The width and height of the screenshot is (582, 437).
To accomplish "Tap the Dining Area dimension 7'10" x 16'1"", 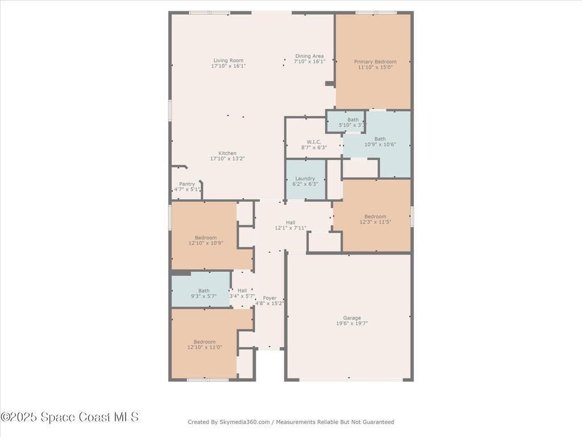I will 309,61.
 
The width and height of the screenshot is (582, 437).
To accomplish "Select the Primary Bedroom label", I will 375,61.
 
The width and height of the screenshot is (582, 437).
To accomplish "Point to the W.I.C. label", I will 314,142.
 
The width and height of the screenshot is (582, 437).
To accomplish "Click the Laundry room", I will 305,181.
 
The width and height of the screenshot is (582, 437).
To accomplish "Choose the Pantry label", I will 187,184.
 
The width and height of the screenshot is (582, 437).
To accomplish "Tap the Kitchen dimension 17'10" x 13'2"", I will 227,159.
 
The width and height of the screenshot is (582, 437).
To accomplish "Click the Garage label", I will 352,318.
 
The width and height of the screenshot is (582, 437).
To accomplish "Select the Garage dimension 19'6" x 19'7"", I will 352,324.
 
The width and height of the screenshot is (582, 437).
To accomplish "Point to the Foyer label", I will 269,298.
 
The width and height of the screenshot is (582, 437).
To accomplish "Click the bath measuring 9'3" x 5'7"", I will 203,294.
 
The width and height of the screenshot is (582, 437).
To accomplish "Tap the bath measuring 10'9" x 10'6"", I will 380,142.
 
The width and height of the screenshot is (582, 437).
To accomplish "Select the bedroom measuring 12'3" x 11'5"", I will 375,219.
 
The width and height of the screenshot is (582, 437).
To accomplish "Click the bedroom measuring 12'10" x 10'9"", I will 205,240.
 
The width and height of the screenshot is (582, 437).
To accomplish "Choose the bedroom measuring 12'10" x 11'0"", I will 205,344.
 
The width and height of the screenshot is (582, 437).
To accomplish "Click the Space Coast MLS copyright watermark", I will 69,417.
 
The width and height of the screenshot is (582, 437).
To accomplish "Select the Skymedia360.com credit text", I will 290,422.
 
